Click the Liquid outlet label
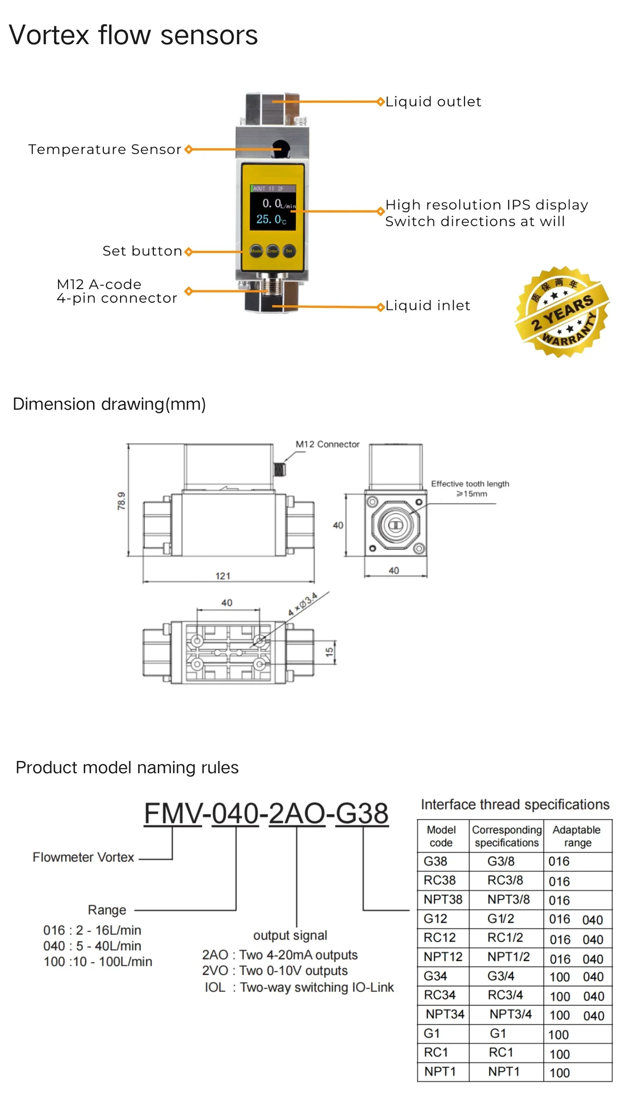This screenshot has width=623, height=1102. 433,102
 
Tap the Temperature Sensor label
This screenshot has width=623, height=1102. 105,149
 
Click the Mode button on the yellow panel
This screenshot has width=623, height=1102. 256,251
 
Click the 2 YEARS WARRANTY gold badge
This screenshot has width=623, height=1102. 562,312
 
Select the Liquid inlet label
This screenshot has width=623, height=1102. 427,305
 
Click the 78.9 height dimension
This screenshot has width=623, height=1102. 122,501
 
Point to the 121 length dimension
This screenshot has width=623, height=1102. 223,576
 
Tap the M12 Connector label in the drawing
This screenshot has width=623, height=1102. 327,444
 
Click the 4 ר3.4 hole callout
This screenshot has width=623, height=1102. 302,604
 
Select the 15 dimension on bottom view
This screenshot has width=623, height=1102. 329,652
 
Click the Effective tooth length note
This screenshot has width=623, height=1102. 470,488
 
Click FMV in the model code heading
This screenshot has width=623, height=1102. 172,814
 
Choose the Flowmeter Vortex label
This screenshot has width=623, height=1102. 83,857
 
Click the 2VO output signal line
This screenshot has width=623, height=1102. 275,971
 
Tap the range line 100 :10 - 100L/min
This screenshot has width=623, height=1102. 98,962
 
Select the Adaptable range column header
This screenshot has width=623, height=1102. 577,836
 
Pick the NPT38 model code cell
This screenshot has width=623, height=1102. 443,899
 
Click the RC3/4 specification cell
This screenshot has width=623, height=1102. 505,995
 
